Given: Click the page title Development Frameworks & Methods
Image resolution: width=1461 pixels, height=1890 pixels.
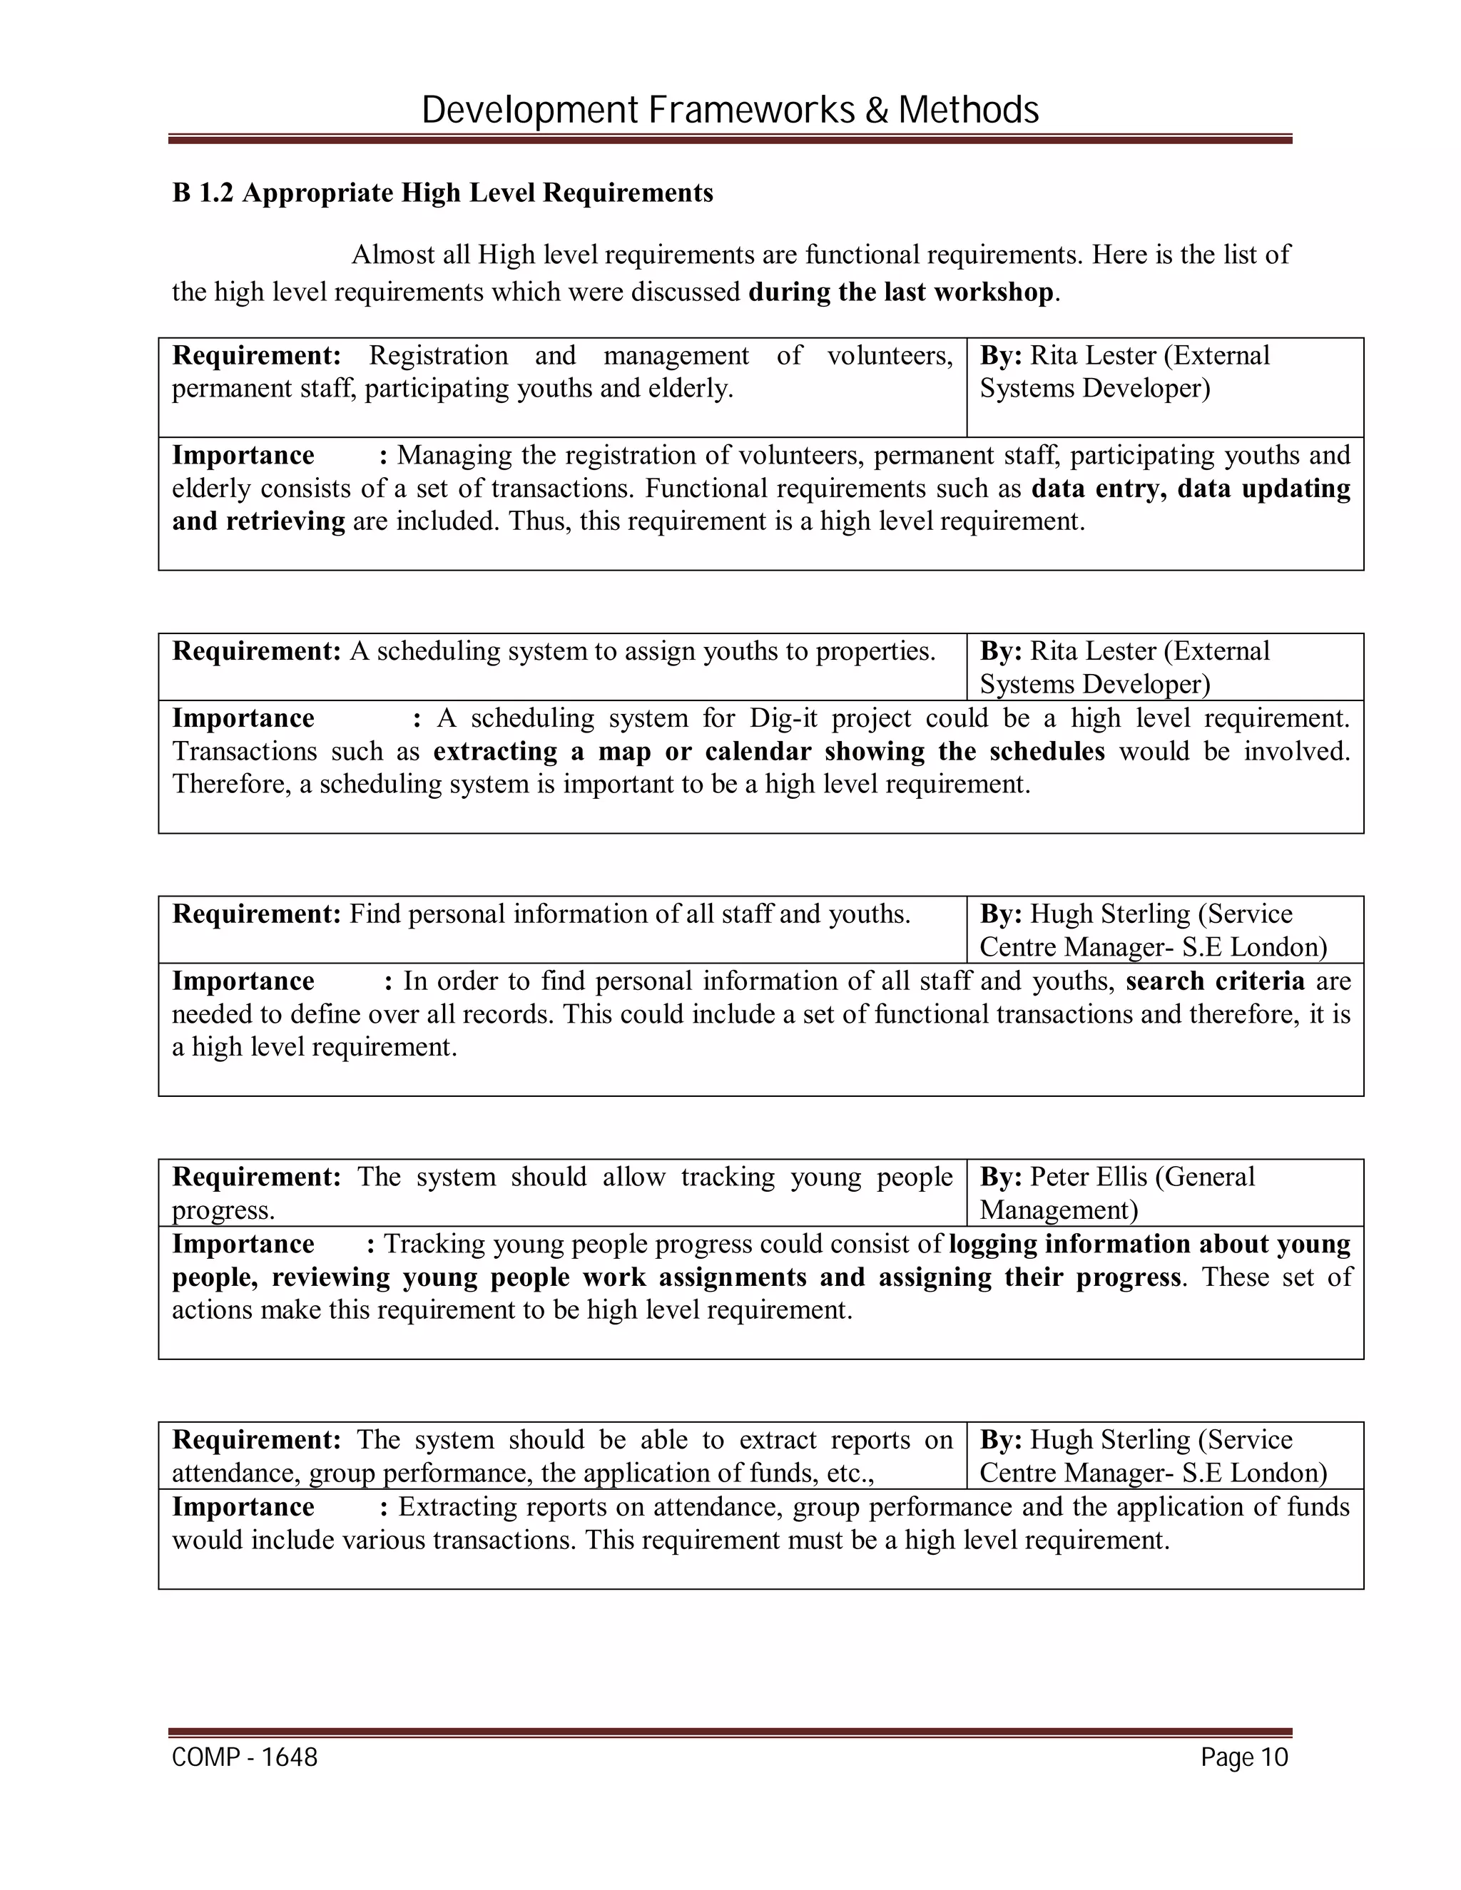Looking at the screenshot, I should click(x=730, y=111).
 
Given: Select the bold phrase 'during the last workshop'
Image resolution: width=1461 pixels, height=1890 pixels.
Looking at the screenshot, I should click(x=900, y=292).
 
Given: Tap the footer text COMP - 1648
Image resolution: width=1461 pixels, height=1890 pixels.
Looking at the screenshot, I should click(x=245, y=1757).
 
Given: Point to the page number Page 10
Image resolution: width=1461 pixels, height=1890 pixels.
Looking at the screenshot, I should click(x=1243, y=1757).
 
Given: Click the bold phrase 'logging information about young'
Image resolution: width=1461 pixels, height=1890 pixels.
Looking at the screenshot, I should click(x=1149, y=1244).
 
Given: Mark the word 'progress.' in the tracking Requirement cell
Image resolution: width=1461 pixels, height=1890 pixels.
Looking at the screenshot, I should click(x=223, y=1211).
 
